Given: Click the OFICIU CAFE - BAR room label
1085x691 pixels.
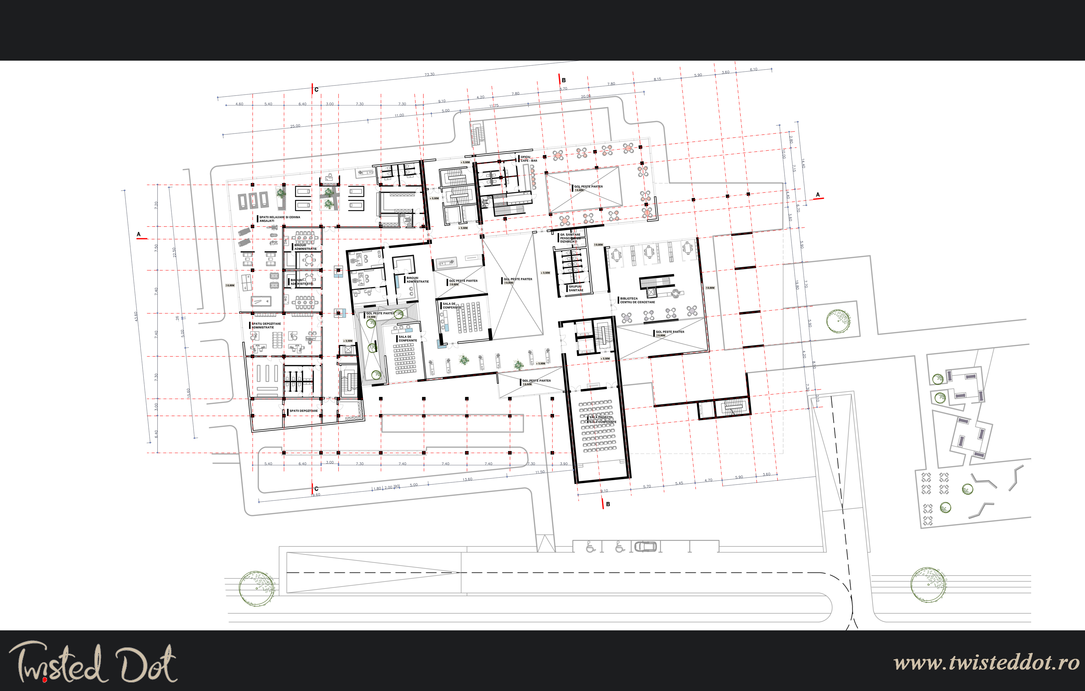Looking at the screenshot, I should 529,159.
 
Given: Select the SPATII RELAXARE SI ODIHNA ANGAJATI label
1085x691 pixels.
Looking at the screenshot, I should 279,218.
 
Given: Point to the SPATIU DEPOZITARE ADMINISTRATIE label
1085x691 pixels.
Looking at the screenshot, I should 266,326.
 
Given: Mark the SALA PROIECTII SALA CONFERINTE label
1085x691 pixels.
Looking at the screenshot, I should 603,420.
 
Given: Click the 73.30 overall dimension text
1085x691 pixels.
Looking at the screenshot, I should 429,74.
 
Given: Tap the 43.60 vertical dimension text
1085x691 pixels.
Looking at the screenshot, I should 135,317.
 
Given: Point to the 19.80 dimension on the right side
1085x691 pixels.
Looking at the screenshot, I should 797,285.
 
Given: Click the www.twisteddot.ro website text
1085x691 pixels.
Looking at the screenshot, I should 986,663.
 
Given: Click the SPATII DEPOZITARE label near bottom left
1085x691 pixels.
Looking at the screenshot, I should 303,411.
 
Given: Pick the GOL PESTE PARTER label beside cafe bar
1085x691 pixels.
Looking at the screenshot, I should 588,187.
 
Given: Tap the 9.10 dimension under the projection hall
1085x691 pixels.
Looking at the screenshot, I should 604,491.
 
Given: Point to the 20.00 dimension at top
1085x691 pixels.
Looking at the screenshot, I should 586,96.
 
